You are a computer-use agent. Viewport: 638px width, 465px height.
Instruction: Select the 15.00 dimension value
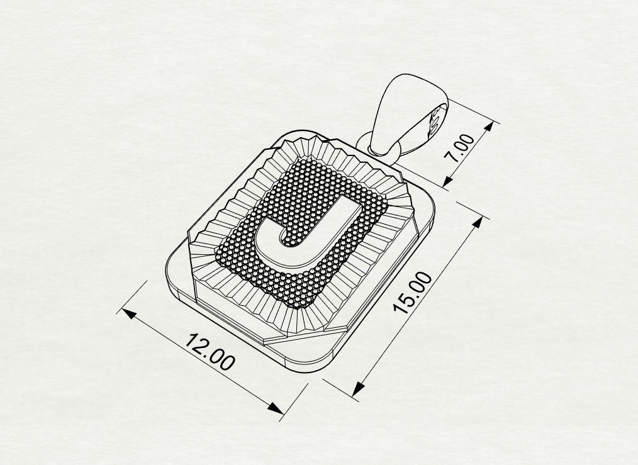[x=413, y=292]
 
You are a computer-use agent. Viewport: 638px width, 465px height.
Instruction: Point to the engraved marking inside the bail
[x=434, y=121]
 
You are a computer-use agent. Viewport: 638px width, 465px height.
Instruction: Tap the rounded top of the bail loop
[x=409, y=79]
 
